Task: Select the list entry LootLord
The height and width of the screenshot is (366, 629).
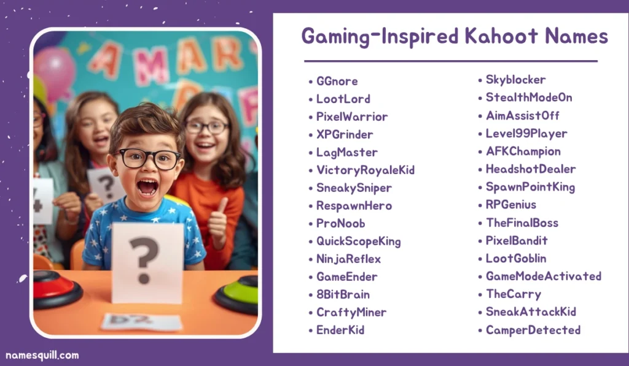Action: tap(343, 99)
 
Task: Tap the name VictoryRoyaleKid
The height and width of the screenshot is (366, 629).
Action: tap(365, 170)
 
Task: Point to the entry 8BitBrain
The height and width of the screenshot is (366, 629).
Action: tap(343, 294)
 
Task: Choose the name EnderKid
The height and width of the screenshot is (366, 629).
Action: tap(340, 330)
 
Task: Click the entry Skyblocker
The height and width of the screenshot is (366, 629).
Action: tap(515, 80)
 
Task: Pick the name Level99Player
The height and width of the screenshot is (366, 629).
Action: tap(526, 133)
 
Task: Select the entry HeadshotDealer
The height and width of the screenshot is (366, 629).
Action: tap(530, 169)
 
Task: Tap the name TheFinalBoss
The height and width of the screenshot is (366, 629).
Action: tap(522, 223)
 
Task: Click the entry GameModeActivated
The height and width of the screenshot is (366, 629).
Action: tap(543, 276)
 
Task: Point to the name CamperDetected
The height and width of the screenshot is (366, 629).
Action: tap(533, 330)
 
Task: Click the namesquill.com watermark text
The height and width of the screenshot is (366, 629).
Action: tap(42, 355)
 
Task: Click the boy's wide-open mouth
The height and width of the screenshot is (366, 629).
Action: tap(147, 186)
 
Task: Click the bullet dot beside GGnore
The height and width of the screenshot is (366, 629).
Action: tap(311, 82)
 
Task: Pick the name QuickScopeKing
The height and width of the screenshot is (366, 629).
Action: tap(358, 241)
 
